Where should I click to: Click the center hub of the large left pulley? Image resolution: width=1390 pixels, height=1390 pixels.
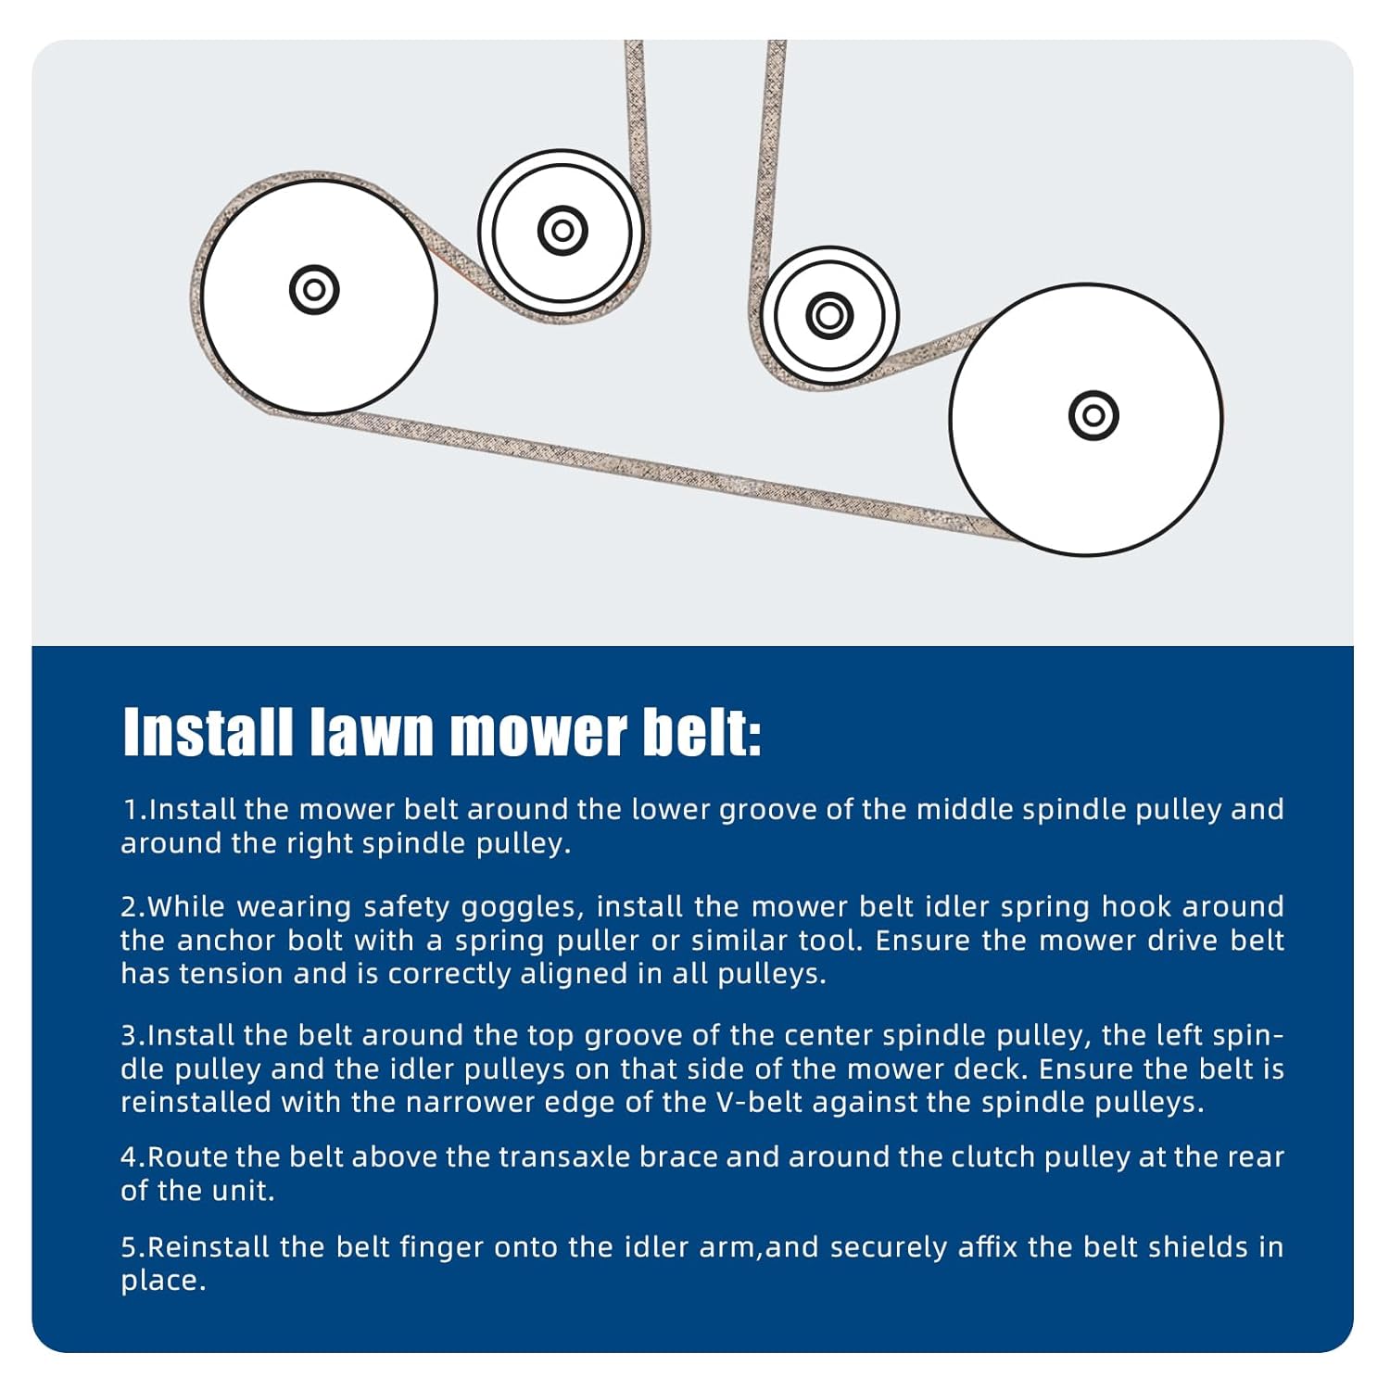click(314, 289)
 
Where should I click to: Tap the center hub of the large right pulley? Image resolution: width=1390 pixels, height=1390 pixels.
click(1093, 415)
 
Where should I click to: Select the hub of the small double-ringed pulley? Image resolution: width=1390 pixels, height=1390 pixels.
click(562, 229)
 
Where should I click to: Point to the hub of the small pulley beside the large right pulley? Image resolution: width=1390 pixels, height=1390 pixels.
click(829, 315)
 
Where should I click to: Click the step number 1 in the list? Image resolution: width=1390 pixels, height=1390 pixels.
click(131, 810)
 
